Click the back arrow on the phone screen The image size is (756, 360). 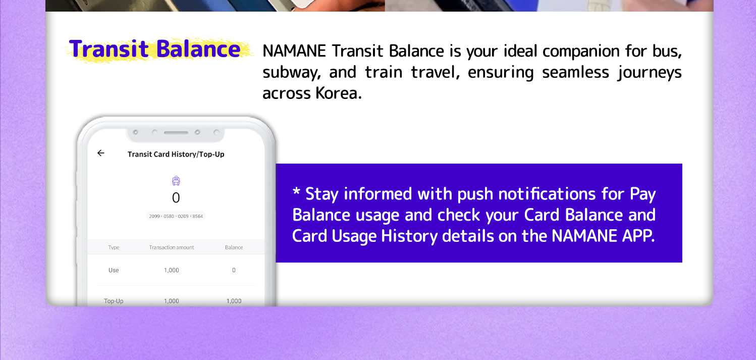coord(100,153)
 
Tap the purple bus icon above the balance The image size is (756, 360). coord(176,181)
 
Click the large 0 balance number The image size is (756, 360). coord(176,197)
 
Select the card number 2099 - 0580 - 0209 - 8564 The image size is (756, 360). coord(176,216)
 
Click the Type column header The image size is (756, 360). coord(114,247)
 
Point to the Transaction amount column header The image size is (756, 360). coord(172,247)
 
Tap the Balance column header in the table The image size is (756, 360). coord(234,247)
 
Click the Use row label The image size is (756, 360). coord(114,270)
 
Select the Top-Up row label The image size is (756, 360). coord(114,301)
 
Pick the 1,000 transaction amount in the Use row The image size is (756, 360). coord(172,270)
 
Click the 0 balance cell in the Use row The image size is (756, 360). coord(234,270)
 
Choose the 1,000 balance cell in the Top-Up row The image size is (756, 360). coord(234,301)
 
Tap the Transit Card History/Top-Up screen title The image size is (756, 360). coord(176,155)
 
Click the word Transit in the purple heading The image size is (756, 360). coord(109,49)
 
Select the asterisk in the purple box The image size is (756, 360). coord(296,191)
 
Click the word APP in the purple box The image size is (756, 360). coord(638,236)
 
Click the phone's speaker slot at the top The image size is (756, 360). coord(176,133)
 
